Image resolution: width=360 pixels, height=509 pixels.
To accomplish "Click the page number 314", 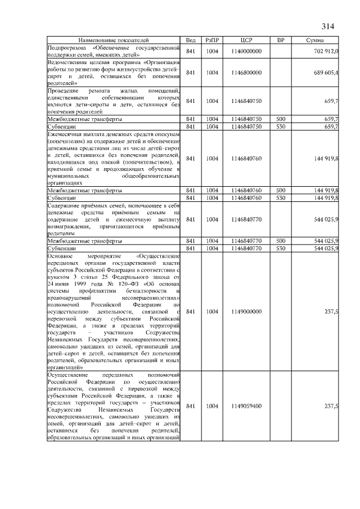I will point(327,26).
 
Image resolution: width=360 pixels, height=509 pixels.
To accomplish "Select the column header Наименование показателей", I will point(113,41).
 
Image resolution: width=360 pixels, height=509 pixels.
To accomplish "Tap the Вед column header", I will point(191,41).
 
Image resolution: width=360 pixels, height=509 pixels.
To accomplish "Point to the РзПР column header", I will point(212,41).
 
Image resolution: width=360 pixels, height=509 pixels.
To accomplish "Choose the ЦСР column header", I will point(246,41).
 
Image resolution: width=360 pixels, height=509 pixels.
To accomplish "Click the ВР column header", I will point(281,41).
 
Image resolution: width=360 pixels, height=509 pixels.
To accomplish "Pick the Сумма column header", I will point(315,41).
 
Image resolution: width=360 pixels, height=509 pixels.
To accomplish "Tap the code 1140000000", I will point(246,51).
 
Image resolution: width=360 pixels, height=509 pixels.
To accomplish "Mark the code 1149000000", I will point(246,311).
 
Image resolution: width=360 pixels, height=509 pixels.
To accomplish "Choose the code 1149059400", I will point(246,406).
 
